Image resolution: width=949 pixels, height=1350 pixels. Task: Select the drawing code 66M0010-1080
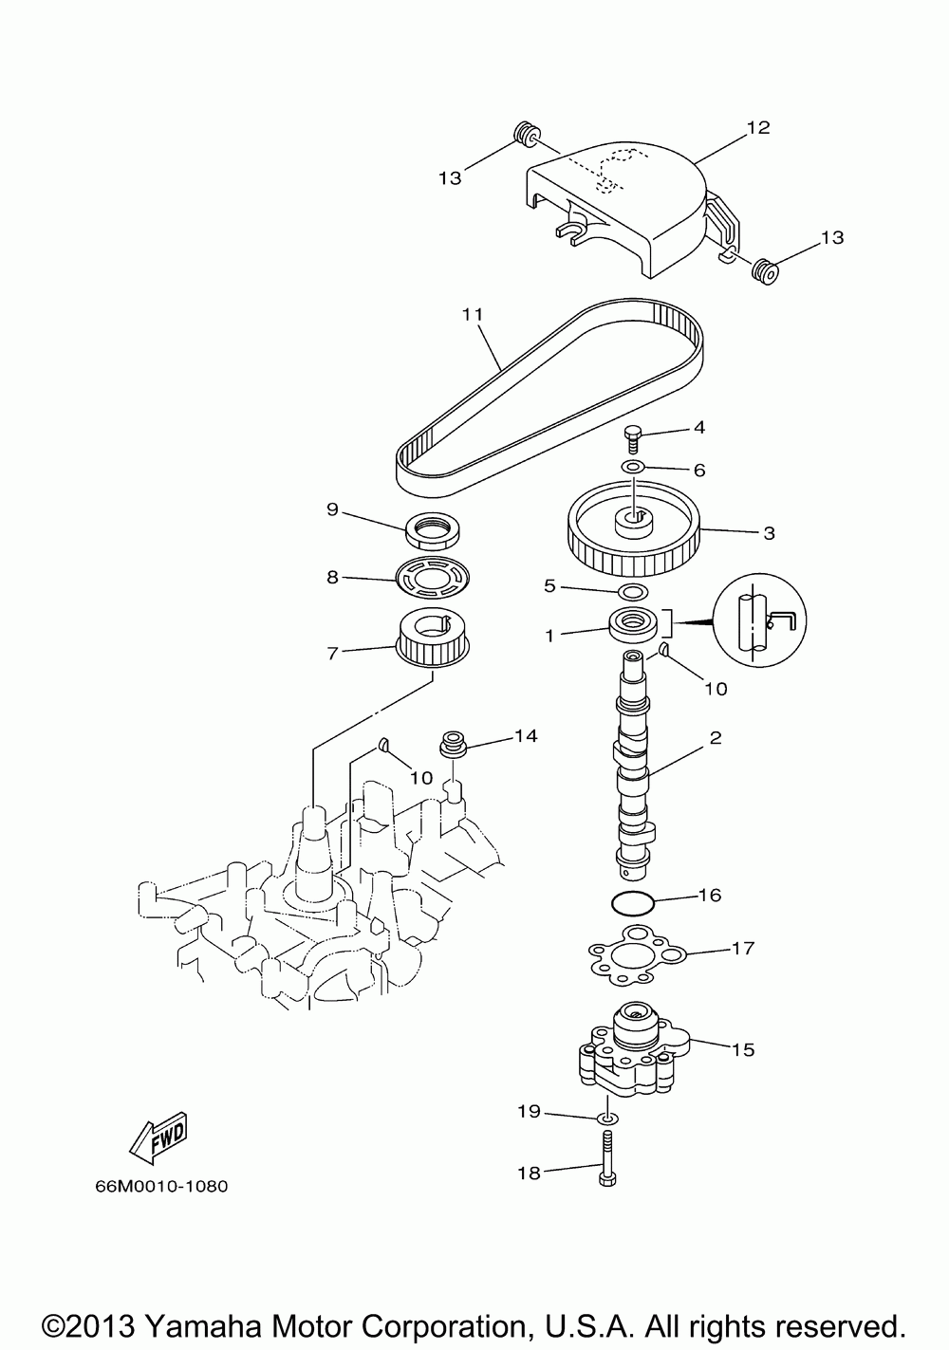pos(161,1186)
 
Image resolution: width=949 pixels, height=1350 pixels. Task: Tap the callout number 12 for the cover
pos(757,127)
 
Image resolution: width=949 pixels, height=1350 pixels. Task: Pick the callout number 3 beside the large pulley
pos(769,533)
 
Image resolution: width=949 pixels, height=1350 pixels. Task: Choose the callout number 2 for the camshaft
pos(716,736)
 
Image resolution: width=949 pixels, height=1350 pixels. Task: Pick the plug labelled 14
pos(455,743)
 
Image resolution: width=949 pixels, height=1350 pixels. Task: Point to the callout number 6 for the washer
pos(699,470)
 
